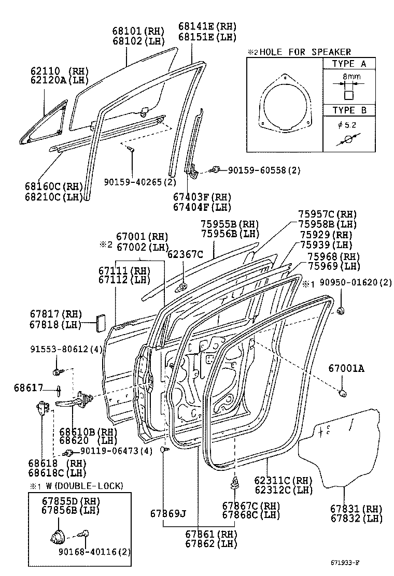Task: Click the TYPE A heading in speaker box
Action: pyautogui.click(x=349, y=64)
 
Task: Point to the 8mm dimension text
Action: pyautogui.click(x=349, y=76)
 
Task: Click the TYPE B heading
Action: pyautogui.click(x=349, y=110)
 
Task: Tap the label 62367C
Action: pyautogui.click(x=185, y=254)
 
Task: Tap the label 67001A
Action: pyautogui.click(x=346, y=368)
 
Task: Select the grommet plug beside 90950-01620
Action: pyautogui.click(x=341, y=311)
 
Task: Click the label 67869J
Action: pyautogui.click(x=168, y=513)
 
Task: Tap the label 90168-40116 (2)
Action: pyautogui.click(x=89, y=552)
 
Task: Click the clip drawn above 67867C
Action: pyautogui.click(x=235, y=485)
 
